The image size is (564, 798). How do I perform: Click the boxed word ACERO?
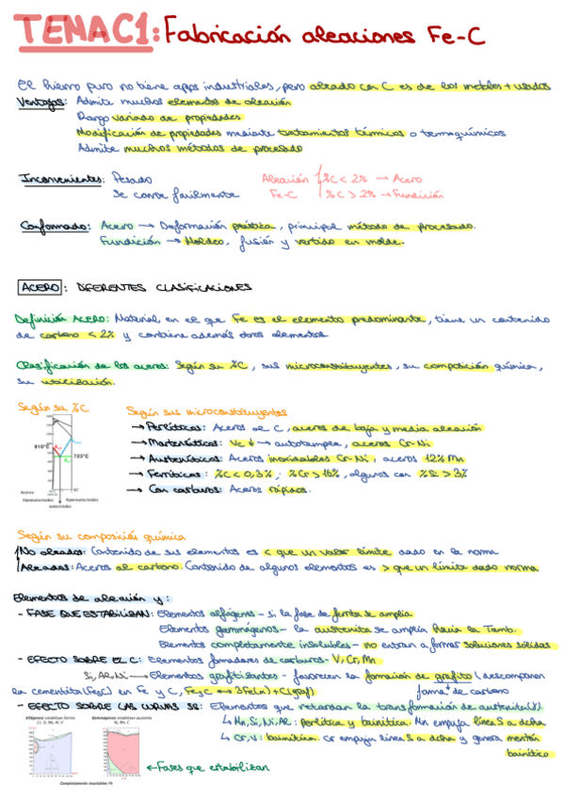[40, 286]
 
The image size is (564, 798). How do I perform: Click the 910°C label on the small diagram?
[40, 446]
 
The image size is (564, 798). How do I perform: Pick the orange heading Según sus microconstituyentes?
[207, 412]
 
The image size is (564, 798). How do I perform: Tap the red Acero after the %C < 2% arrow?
[409, 178]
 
